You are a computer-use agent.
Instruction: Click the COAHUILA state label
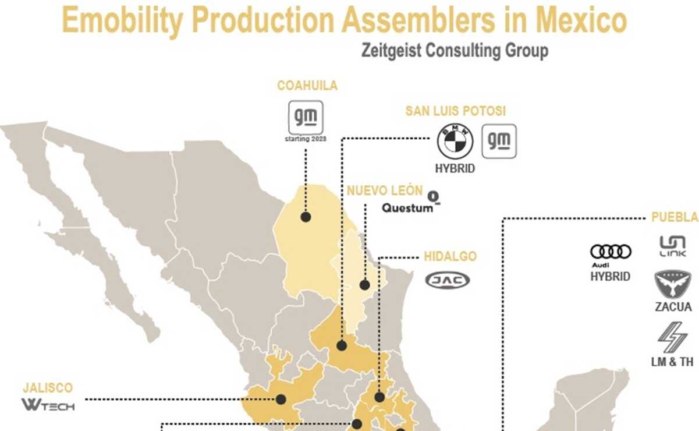pyautogui.click(x=307, y=86)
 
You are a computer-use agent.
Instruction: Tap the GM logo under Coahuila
pyautogui.click(x=306, y=117)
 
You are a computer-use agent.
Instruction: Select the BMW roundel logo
pyautogui.click(x=455, y=142)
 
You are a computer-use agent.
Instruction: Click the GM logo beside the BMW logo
pyautogui.click(x=499, y=141)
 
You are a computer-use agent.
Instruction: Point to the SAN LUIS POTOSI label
pyautogui.click(x=456, y=111)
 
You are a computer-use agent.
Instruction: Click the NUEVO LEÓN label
pyautogui.click(x=385, y=190)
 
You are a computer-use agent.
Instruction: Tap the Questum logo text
pyautogui.click(x=408, y=207)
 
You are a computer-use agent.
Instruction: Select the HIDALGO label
pyautogui.click(x=450, y=256)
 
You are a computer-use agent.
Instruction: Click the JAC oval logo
pyautogui.click(x=448, y=281)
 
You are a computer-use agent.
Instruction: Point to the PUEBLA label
pyautogui.click(x=675, y=217)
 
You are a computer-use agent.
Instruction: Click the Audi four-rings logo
pyautogui.click(x=611, y=252)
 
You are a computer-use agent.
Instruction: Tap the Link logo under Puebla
pyautogui.click(x=672, y=246)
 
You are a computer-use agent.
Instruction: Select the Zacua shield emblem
pyautogui.click(x=673, y=284)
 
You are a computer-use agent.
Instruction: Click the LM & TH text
pyautogui.click(x=672, y=362)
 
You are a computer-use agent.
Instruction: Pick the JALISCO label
pyautogui.click(x=48, y=387)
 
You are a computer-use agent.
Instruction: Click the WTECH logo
pyautogui.click(x=48, y=404)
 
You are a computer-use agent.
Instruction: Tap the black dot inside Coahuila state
pyautogui.click(x=306, y=217)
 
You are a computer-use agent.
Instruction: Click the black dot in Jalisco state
pyautogui.click(x=281, y=400)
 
